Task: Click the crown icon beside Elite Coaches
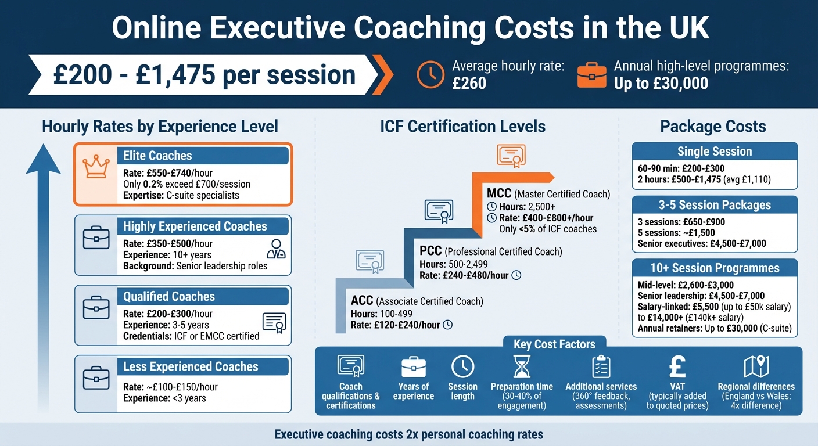pyautogui.click(x=95, y=167)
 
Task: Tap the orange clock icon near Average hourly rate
pyautogui.click(x=430, y=75)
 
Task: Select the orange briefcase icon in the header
pyautogui.click(x=591, y=75)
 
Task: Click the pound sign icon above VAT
pyautogui.click(x=677, y=366)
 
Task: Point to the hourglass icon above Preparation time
pyautogui.click(x=522, y=366)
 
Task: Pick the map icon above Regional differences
pyautogui.click(x=756, y=366)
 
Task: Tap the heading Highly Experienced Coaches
pyautogui.click(x=195, y=226)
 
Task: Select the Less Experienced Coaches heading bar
pyautogui.click(x=191, y=366)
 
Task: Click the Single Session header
pyautogui.click(x=715, y=152)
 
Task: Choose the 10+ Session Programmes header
pyautogui.click(x=715, y=268)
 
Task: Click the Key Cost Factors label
pyautogui.click(x=554, y=344)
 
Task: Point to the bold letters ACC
pyautogui.click(x=363, y=301)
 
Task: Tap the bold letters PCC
pyautogui.click(x=431, y=251)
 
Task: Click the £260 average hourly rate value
pyautogui.click(x=469, y=83)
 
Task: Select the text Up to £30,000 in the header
pyautogui.click(x=661, y=83)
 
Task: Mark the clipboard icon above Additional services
pyautogui.click(x=601, y=366)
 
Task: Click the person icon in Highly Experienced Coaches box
pyautogui.click(x=275, y=249)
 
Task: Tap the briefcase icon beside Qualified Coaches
pyautogui.click(x=96, y=308)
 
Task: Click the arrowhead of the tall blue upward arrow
pyautogui.click(x=44, y=159)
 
